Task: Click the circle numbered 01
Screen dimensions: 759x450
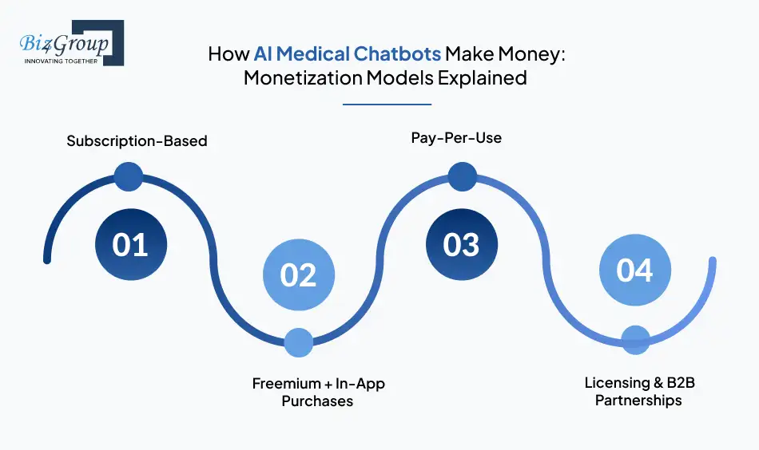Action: [131, 245]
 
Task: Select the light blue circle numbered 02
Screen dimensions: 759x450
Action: [299, 274]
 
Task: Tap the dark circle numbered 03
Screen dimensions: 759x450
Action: [462, 245]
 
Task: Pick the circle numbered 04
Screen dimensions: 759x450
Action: [635, 270]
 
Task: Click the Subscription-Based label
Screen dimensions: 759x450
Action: [137, 141]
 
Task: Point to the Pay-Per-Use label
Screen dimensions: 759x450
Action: [456, 138]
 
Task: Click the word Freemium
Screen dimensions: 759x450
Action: [287, 383]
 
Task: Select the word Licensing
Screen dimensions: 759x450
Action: [617, 383]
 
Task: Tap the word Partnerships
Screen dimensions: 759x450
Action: [638, 401]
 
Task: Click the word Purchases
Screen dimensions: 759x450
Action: [317, 401]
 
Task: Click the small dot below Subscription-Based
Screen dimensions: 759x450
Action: [129, 176]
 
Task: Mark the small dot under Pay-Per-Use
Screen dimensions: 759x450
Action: [463, 176]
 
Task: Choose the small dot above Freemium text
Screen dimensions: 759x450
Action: [299, 343]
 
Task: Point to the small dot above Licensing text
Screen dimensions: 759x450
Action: [636, 340]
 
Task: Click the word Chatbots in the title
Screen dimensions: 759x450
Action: [397, 53]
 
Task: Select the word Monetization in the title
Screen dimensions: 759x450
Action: [303, 78]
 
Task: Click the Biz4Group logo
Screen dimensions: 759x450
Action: [72, 42]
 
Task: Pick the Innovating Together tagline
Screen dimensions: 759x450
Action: [61, 61]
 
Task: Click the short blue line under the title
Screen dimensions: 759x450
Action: [387, 104]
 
